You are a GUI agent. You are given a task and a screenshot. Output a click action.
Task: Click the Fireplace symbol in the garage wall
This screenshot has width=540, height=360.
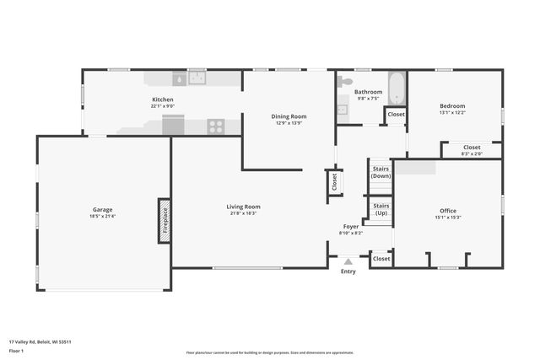pos(164,221)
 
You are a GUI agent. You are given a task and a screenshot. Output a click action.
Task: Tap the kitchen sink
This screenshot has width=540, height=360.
pos(197,78)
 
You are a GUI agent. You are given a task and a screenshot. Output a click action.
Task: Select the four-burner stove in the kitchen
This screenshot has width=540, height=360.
pos(216,127)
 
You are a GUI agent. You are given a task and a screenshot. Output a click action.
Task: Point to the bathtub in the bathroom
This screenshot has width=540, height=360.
pos(397,87)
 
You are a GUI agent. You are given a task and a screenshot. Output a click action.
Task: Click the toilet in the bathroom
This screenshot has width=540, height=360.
pos(344,83)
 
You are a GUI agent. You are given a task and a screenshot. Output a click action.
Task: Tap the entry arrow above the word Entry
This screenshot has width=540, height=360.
pos(348,262)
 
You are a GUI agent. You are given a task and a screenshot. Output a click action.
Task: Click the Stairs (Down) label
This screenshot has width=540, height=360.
pos(381,172)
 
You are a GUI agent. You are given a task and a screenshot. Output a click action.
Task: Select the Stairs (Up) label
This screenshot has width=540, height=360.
pos(381,209)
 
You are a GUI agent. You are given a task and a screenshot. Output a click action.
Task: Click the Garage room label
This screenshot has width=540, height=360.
pos(103,210)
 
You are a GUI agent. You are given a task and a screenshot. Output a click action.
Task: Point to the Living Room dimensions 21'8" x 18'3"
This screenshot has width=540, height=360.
pos(243,214)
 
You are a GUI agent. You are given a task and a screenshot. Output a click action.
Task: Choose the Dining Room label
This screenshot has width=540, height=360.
pos(289,116)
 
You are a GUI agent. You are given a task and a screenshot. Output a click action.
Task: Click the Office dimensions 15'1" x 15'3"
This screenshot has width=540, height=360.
pos(448,218)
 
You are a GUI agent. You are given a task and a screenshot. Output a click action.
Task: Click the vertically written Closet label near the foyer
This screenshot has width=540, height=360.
pos(334,181)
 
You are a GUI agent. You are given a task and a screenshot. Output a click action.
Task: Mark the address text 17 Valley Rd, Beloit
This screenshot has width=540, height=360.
pos(40,341)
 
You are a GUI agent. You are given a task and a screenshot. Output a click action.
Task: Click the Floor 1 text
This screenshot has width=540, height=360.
pos(16,351)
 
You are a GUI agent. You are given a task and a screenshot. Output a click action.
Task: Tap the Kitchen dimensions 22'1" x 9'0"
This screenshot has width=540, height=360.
pos(162,106)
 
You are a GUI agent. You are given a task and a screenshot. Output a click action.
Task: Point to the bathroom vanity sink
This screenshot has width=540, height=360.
pos(342,109)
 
